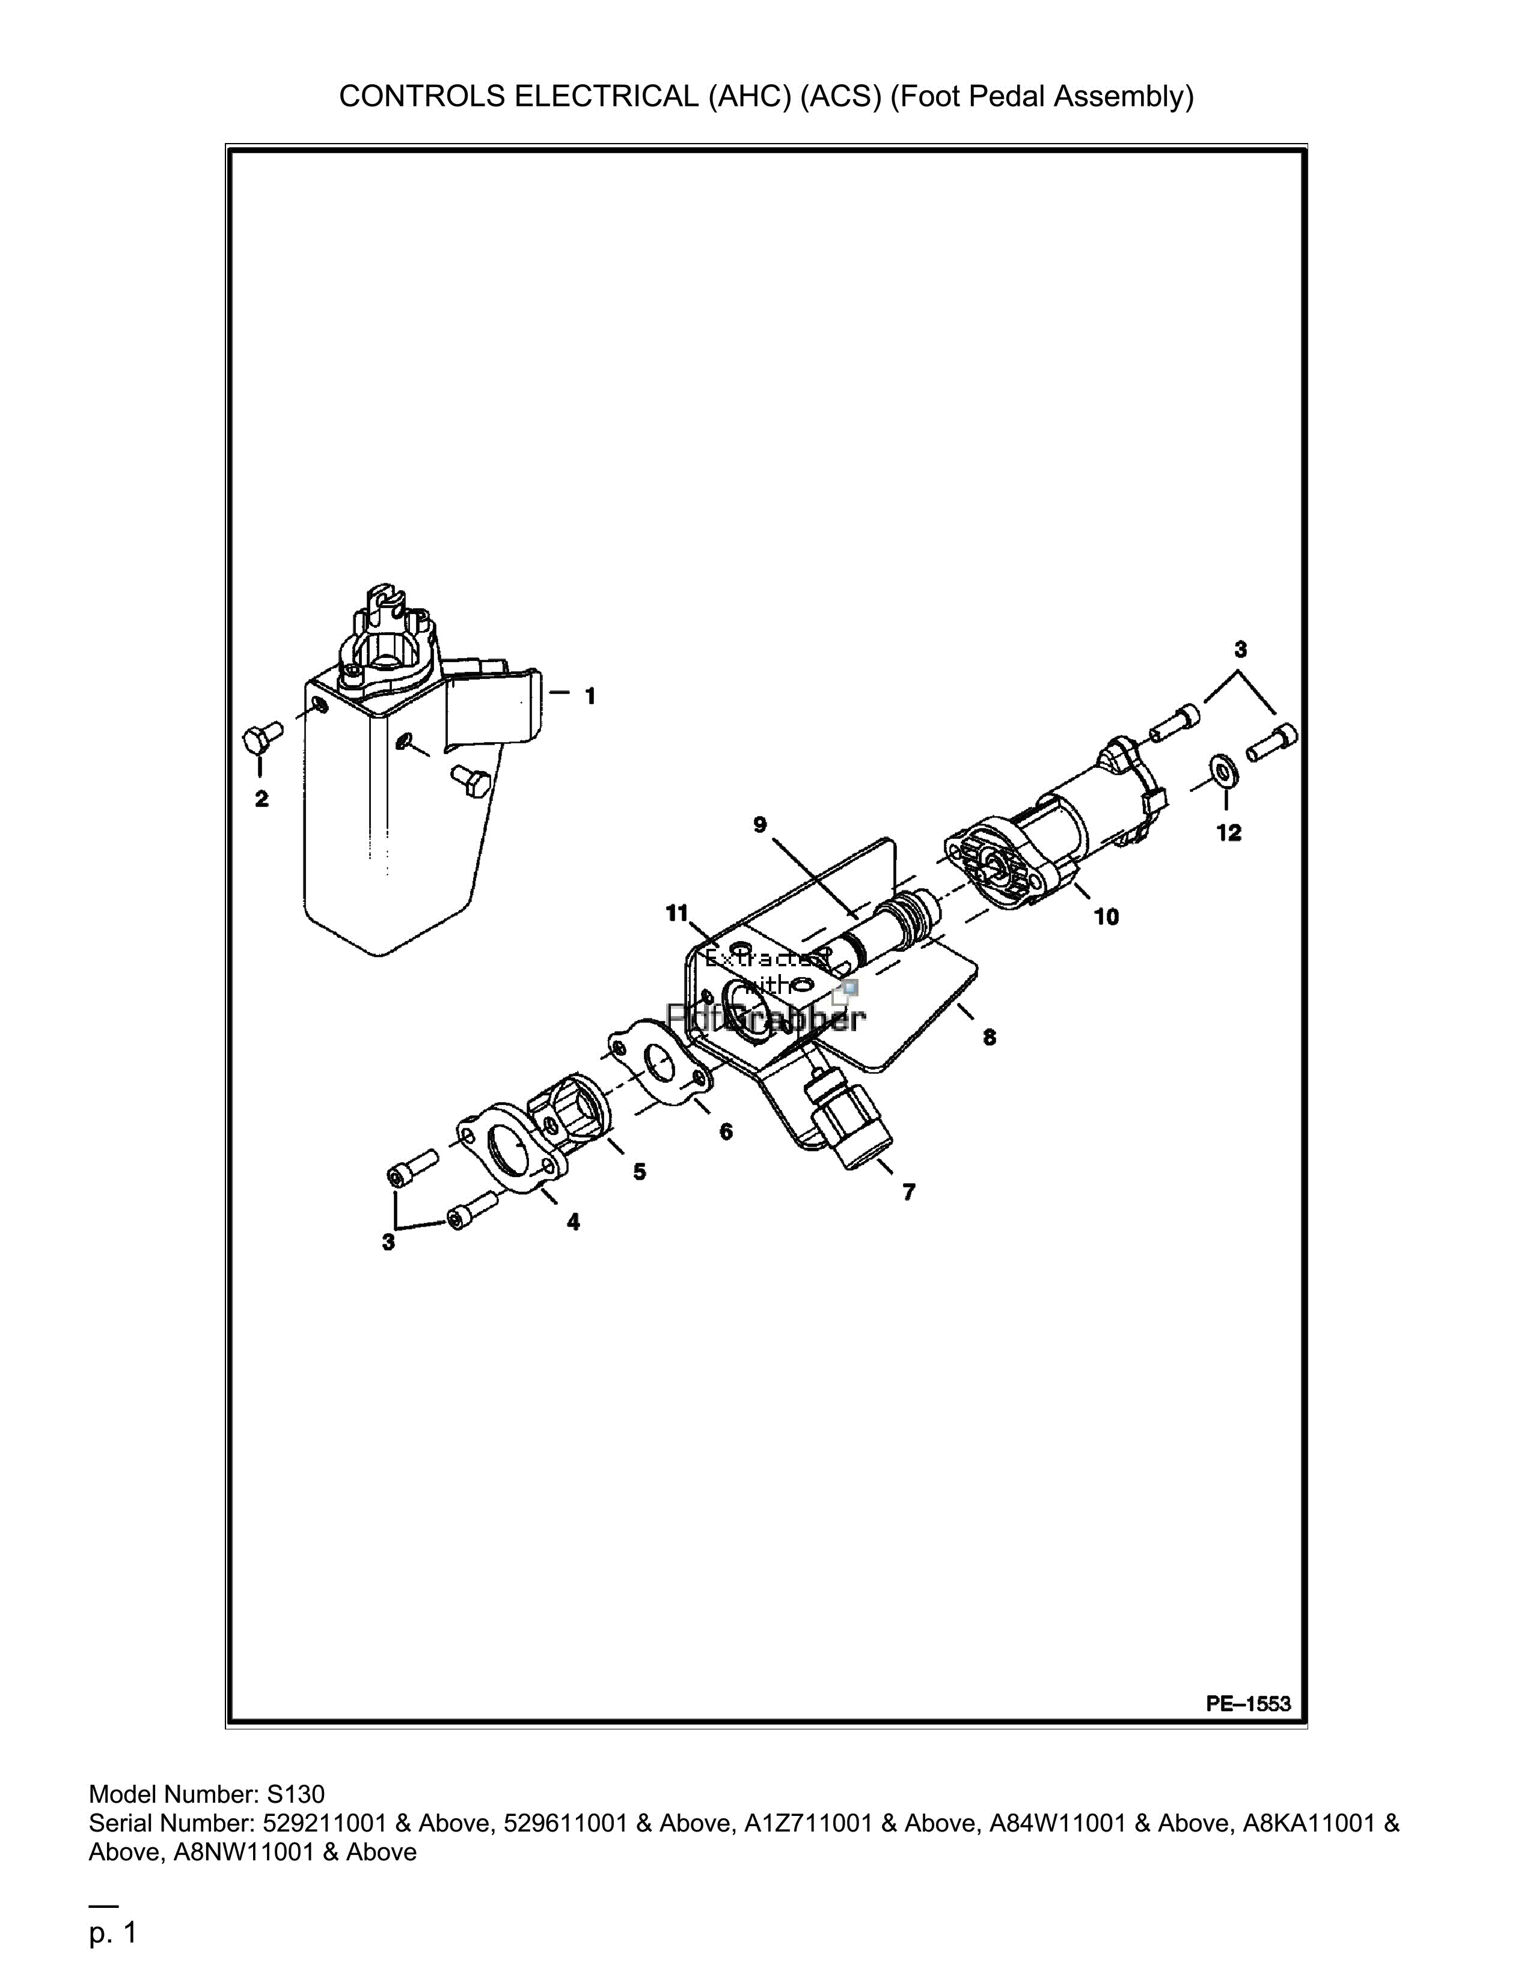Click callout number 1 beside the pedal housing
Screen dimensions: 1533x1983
[x=590, y=696]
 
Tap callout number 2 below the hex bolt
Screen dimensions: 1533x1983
[x=262, y=799]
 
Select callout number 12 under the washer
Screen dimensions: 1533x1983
[x=1229, y=833]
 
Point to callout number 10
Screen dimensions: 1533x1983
[x=1106, y=917]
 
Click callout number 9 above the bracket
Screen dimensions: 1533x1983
[x=760, y=824]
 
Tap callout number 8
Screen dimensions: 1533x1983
[x=989, y=1037]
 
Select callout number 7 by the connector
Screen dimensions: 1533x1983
[x=909, y=1192]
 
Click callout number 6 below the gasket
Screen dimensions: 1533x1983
[x=726, y=1132]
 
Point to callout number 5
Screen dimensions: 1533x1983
[x=640, y=1172]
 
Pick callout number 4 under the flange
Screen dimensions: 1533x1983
[x=573, y=1222]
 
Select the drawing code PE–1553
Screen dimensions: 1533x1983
[x=1248, y=1704]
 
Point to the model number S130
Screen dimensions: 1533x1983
[x=295, y=1794]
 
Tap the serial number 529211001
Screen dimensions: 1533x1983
[x=327, y=1823]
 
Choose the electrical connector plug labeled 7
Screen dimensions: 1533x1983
[x=847, y=1121]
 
